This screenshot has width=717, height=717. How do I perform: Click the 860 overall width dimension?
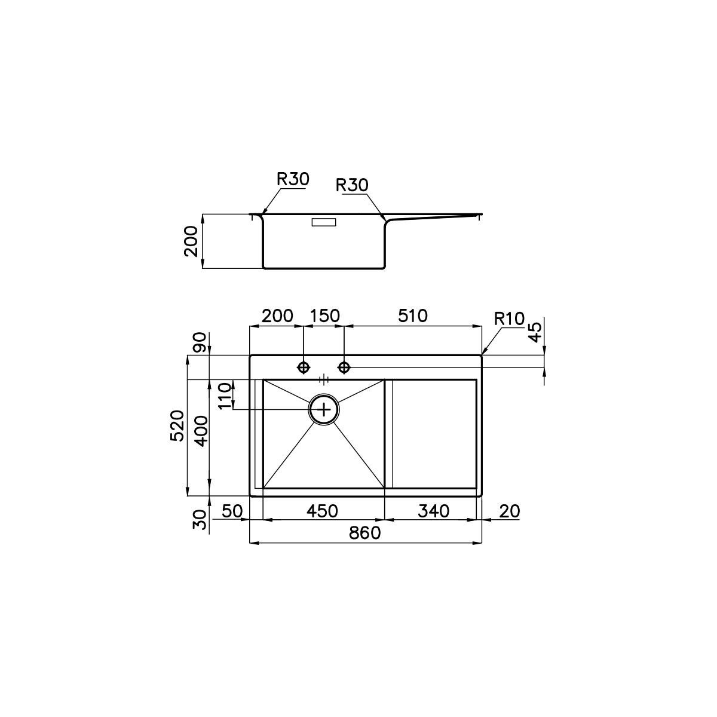[365, 533]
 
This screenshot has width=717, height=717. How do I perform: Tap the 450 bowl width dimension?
[322, 511]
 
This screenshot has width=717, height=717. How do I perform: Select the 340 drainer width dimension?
[433, 511]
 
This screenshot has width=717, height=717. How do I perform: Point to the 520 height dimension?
[177, 425]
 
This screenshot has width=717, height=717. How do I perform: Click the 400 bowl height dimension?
[202, 431]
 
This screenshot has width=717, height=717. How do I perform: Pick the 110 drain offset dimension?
[225, 396]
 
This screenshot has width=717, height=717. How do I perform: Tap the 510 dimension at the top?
[413, 316]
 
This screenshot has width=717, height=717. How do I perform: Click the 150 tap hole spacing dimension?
[324, 316]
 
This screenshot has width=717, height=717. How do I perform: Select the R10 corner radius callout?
[510, 318]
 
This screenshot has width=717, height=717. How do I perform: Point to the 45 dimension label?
[535, 332]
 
